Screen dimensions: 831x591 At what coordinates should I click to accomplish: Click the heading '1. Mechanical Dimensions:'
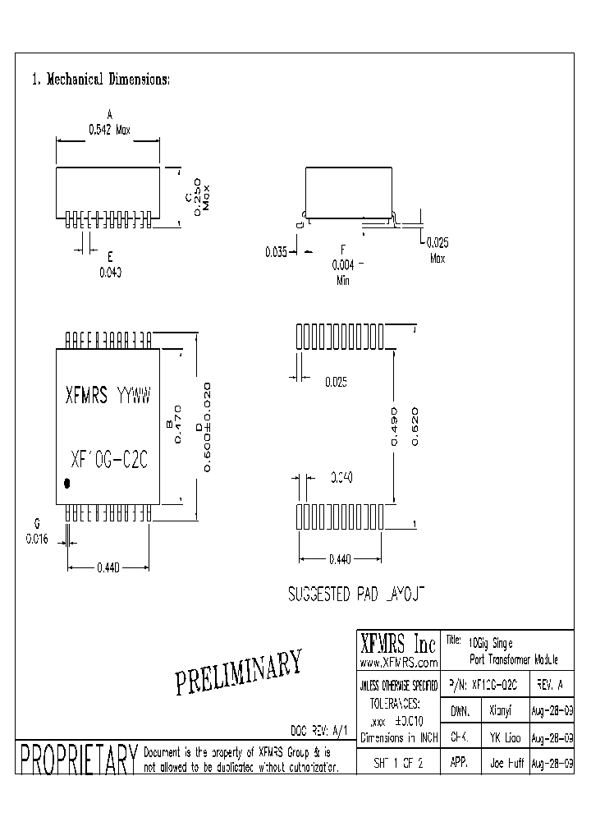coord(100,80)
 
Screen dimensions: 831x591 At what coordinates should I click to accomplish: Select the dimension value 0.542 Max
coord(110,130)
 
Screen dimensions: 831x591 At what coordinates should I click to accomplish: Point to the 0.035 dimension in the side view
coord(275,253)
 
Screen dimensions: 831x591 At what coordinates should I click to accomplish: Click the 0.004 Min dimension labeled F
coord(343,265)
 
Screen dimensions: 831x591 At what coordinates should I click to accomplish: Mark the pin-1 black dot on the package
coord(67,484)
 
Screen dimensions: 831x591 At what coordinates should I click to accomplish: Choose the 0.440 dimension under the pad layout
coord(339,559)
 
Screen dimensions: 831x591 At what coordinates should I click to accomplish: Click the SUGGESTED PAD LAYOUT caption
coord(355,594)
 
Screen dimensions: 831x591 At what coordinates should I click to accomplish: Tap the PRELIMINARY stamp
coord(240,671)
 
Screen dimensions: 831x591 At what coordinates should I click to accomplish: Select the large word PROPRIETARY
coord(76,760)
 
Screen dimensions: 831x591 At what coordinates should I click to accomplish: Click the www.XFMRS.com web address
coord(397,661)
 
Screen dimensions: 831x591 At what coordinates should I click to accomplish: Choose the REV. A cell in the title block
coord(548,684)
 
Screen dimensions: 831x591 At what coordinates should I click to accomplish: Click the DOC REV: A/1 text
coord(320,729)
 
